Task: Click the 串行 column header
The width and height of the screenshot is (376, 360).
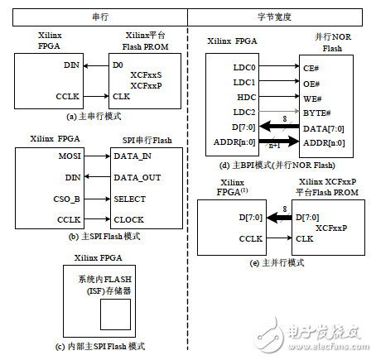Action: [94, 14]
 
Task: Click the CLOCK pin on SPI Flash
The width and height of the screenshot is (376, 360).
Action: [131, 220]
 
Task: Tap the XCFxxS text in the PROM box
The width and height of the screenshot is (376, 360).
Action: [147, 74]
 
